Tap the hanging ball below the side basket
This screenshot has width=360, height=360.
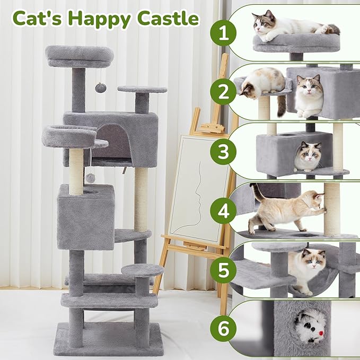tap(91, 178)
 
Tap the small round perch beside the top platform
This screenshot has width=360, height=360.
tap(142, 90)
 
